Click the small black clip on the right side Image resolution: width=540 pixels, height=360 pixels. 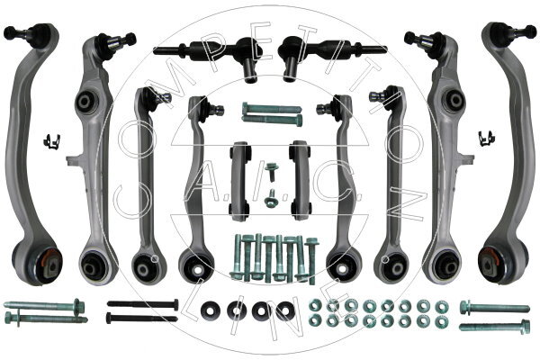point(487,139)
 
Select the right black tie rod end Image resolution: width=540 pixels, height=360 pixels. point(331,54)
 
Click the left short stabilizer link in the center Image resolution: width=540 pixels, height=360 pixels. point(239,181)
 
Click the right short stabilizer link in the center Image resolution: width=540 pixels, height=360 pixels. point(300,180)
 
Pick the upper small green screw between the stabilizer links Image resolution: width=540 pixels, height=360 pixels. point(272,172)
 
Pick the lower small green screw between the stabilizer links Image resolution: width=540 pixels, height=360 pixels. point(271,198)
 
